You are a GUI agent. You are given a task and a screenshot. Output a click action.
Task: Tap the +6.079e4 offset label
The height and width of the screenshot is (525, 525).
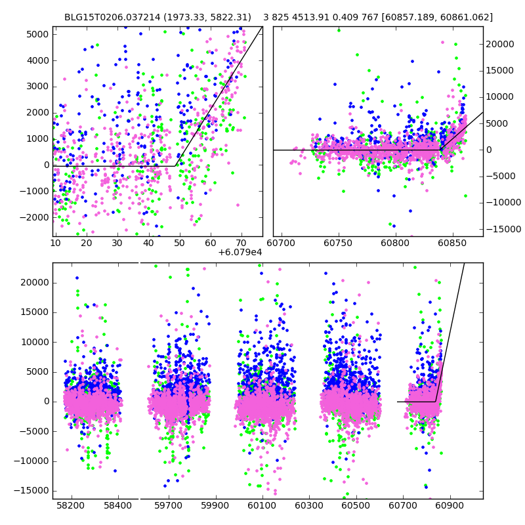point(240,251)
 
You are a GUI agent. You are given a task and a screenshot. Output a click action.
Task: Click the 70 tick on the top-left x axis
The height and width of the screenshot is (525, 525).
point(241,243)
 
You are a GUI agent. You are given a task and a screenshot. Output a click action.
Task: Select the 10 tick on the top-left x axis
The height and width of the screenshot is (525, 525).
point(56,243)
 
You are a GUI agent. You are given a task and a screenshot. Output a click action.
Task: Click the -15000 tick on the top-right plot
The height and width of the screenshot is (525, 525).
point(502,228)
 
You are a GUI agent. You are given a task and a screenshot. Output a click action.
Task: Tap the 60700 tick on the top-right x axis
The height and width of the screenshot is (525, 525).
point(283,243)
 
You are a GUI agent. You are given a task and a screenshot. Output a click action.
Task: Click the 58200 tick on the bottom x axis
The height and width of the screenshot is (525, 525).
point(70,506)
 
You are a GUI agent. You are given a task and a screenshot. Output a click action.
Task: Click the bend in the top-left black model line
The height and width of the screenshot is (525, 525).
point(176,166)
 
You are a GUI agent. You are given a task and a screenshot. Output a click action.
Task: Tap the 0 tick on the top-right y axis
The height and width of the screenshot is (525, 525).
point(489,150)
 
